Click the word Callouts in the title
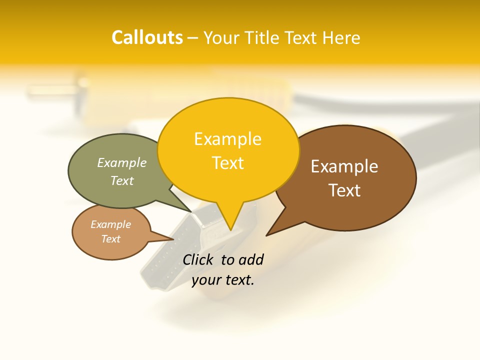pos(147,37)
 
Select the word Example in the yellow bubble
pos(227,139)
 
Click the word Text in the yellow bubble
pos(228,163)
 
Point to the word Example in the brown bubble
pos(344,166)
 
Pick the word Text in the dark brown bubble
pos(344,190)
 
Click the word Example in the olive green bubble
pos(122,163)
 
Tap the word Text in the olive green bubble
pos(122,181)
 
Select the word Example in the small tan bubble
pos(110,224)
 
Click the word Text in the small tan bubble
pos(110,239)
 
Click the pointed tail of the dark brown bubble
pos(270,232)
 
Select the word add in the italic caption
pos(251,259)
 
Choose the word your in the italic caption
pos(206,280)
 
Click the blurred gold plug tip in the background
pos(50,90)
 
